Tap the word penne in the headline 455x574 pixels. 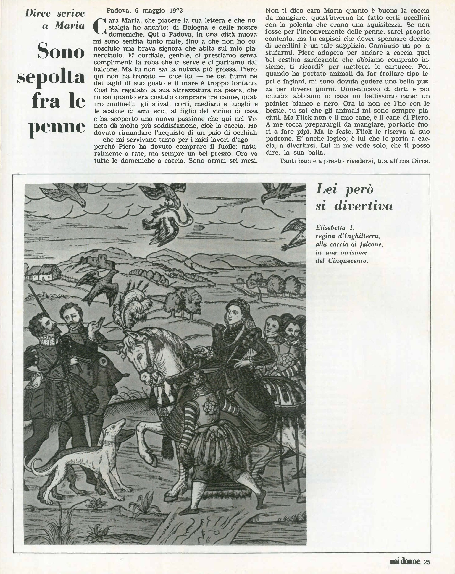point(57,127)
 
